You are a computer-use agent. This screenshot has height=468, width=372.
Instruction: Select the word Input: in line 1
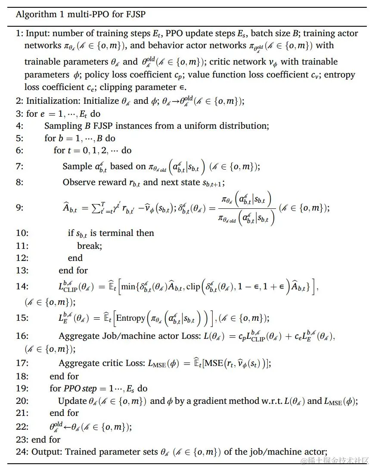pyautogui.click(x=38, y=33)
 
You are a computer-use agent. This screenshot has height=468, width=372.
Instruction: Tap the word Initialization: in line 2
pyautogui.click(x=53, y=101)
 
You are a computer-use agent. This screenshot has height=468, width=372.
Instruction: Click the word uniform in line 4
pyautogui.click(x=208, y=126)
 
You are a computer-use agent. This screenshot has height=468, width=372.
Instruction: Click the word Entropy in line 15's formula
pyautogui.click(x=131, y=319)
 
